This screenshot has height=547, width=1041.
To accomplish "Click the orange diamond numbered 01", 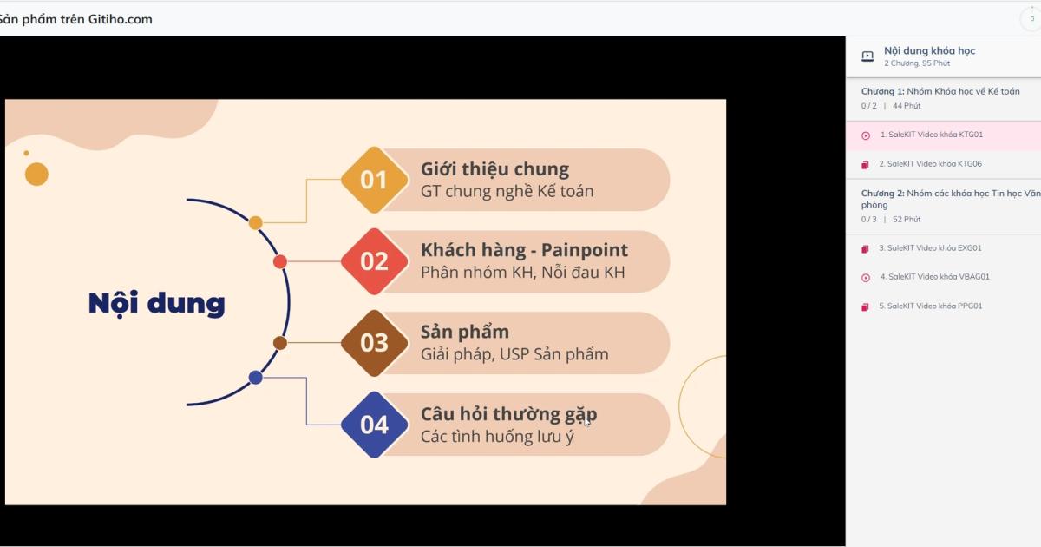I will point(374,180).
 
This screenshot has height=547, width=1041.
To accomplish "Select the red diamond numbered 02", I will point(374,261).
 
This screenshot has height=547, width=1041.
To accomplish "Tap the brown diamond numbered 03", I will point(374,343).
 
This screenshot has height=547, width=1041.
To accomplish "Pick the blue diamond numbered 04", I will point(374,425).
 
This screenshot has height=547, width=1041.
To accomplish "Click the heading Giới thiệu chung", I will point(494,169).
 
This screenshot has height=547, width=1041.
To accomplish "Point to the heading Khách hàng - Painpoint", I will point(524,250).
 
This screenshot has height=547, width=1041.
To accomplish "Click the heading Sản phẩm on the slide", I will point(465,332).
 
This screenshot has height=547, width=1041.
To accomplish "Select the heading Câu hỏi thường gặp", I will point(508,414).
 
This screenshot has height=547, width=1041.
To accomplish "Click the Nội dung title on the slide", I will point(156,303).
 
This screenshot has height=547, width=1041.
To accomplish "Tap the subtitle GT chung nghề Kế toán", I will point(507,191).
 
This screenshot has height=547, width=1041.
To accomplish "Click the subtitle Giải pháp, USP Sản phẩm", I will point(514,354).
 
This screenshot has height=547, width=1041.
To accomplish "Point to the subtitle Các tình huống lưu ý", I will point(497,436).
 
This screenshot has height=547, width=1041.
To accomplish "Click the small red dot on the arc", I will point(280,261).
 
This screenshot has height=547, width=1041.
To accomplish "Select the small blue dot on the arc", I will point(255,378).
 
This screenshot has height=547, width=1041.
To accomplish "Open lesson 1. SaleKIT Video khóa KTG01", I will point(931,135).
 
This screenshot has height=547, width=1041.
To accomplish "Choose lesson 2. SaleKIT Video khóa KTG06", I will point(930,164).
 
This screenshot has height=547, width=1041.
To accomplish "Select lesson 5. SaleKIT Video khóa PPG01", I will point(930,306).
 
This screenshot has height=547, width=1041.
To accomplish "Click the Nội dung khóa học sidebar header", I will point(929,51).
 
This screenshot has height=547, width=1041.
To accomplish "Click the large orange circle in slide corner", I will point(36,175).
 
